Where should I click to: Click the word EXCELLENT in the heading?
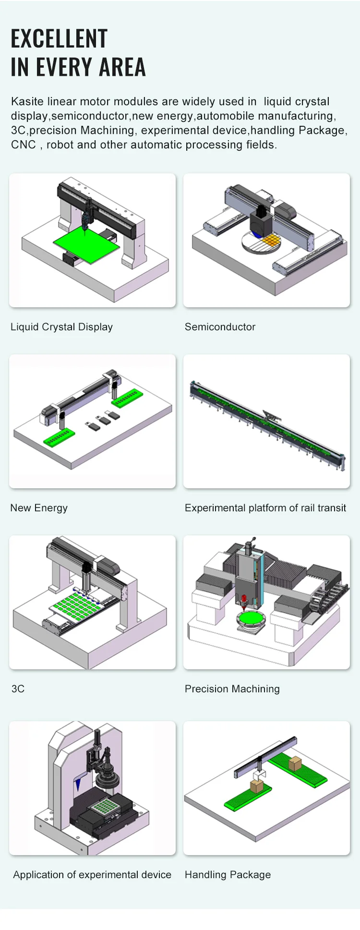pos(59,39)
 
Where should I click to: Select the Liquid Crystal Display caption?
pos(61,327)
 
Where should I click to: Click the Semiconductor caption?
pos(220,327)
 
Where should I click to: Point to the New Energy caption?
pos(39,508)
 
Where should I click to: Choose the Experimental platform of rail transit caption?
pos(265,508)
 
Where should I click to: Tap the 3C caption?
pos(18,689)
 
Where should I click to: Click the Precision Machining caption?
pos(232,689)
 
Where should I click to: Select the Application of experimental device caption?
pos(92,875)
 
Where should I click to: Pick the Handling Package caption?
pos(228,875)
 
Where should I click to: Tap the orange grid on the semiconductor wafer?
pos(271,240)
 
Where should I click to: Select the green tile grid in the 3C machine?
pos(77,606)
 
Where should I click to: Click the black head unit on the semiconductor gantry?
pos(261,221)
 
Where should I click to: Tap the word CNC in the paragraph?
pos(23,145)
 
